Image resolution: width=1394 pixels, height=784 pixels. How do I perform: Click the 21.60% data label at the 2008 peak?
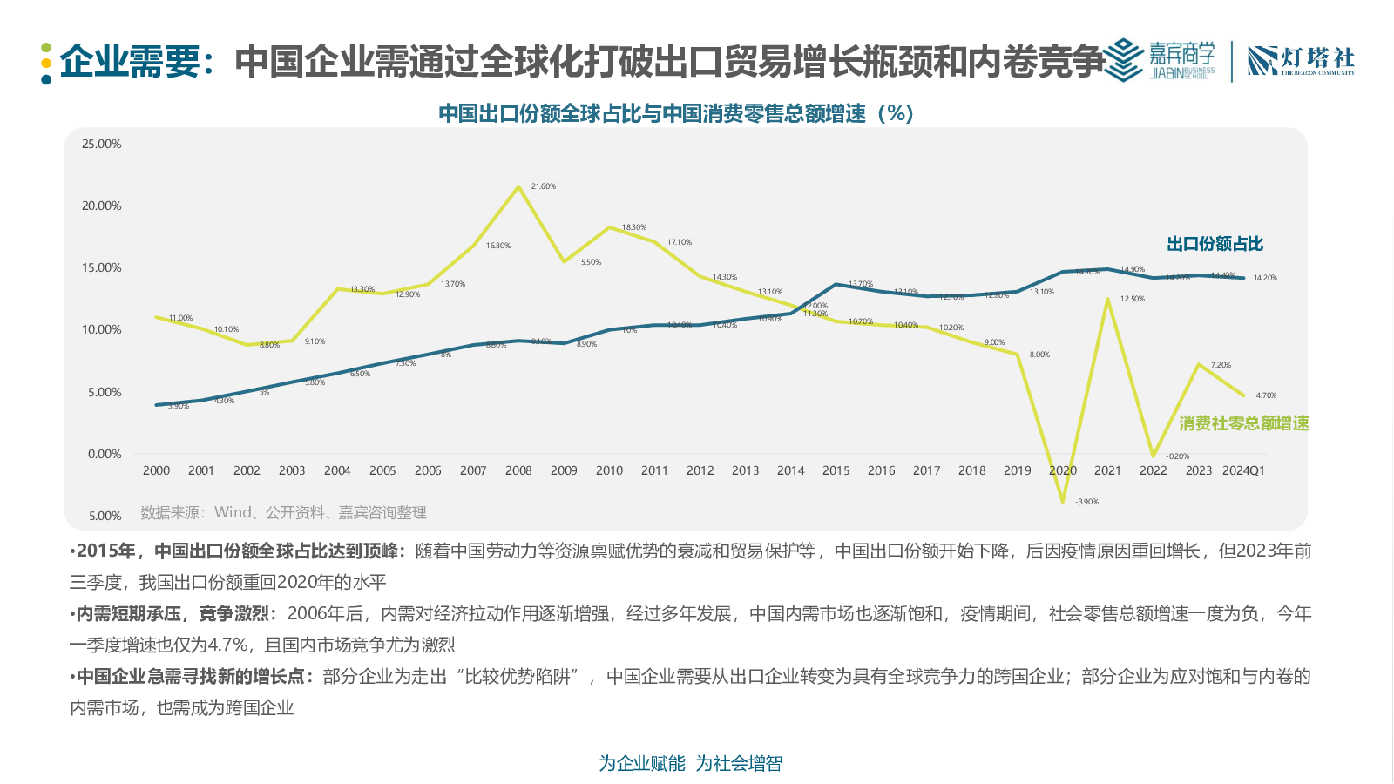click(544, 186)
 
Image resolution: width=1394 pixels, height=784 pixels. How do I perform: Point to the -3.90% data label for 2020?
click(1086, 502)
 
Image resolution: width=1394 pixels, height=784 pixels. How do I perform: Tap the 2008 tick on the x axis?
click(518, 470)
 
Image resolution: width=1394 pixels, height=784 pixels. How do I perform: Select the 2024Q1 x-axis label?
click(1243, 470)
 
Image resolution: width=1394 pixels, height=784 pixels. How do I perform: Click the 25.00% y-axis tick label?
click(102, 144)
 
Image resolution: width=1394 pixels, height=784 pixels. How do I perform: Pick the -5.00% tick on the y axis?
click(103, 516)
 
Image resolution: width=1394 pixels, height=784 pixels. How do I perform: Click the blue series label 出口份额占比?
click(1215, 244)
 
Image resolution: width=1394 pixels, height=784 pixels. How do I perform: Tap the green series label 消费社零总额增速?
click(1244, 423)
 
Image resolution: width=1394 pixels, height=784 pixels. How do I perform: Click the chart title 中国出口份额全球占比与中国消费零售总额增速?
click(675, 113)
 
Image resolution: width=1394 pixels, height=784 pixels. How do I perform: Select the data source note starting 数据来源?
click(284, 512)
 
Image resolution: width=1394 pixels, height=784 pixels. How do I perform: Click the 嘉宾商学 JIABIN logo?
click(1160, 60)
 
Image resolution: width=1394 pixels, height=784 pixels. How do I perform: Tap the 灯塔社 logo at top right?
click(1301, 60)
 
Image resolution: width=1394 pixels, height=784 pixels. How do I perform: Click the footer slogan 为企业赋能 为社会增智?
click(690, 763)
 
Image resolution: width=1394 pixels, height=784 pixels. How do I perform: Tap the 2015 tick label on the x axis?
click(836, 470)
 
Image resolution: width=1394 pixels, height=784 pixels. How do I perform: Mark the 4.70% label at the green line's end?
click(1266, 395)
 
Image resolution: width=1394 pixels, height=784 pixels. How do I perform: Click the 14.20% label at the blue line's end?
click(1265, 278)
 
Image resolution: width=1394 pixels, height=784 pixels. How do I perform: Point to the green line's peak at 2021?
click(1107, 300)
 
